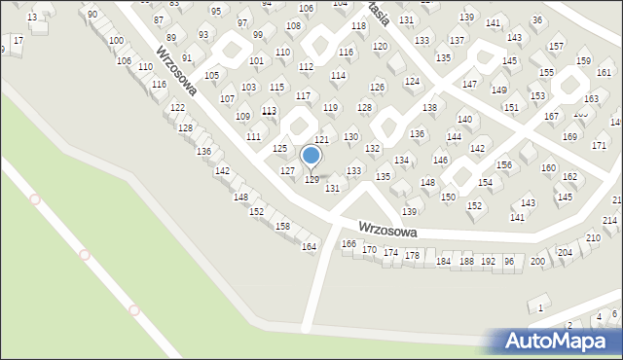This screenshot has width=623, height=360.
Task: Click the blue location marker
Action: point(311,155)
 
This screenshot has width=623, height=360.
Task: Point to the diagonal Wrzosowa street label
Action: point(176,72)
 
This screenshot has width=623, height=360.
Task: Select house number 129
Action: point(312,179)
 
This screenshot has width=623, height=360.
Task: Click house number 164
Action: point(309,247)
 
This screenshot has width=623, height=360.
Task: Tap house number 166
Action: point(348,243)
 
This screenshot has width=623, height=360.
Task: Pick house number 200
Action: point(537,261)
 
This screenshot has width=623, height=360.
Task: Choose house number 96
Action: point(508,261)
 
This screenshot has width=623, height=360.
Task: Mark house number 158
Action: point(282,226)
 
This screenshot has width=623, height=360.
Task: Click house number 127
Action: point(287,170)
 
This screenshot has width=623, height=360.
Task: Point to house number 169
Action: point(569,136)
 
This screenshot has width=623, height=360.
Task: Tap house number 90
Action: point(92,15)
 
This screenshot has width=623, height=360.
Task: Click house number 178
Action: point(412,255)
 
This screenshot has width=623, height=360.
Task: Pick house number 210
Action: point(593,238)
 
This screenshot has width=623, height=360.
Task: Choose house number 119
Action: point(330,107)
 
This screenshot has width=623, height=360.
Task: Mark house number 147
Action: point(469,85)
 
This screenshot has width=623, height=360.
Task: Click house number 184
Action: point(443,261)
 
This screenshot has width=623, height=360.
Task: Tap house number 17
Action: point(18,40)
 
